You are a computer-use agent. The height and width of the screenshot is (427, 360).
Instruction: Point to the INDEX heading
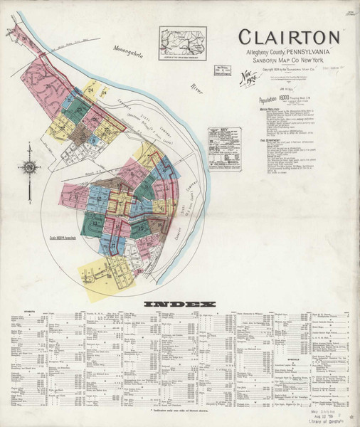(x=179, y=305)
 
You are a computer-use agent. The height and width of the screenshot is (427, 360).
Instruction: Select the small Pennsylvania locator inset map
(x=183, y=42)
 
